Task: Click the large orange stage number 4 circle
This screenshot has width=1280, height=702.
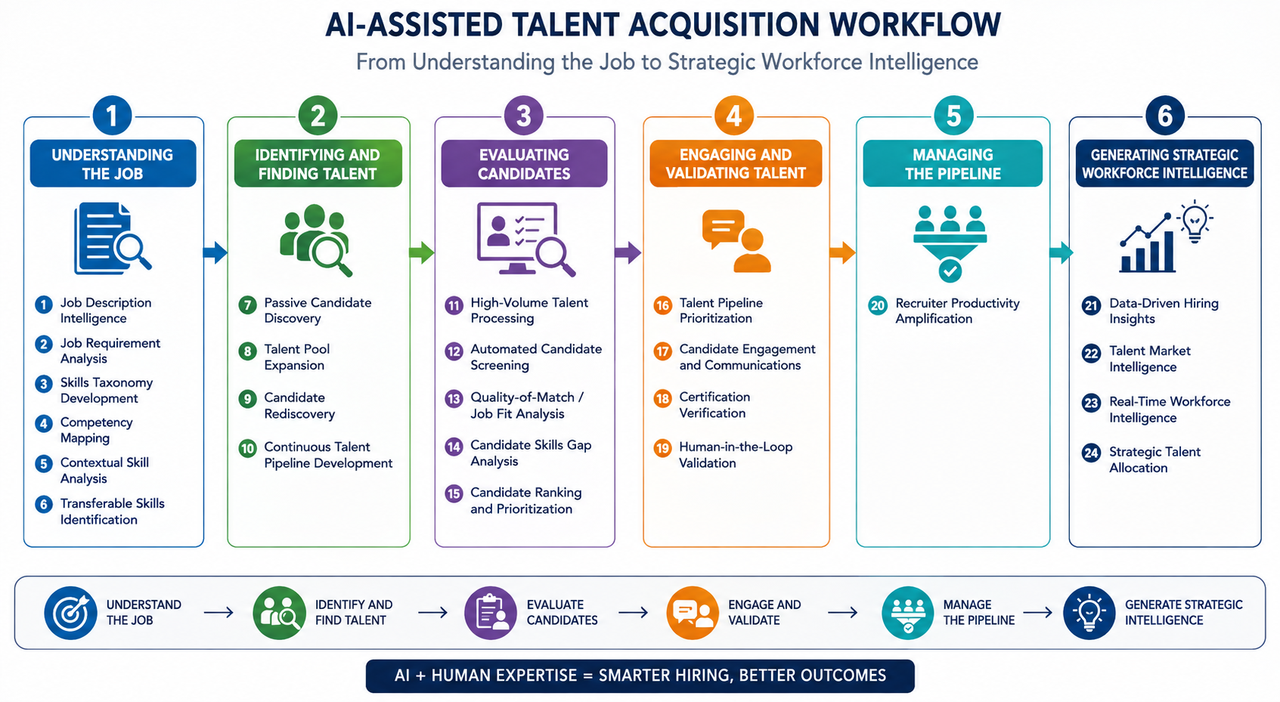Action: (733, 116)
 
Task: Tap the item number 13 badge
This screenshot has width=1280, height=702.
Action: (454, 399)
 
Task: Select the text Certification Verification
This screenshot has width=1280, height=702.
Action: (714, 405)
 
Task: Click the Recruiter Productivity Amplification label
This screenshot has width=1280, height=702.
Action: (957, 311)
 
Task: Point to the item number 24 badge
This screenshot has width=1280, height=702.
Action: (1091, 453)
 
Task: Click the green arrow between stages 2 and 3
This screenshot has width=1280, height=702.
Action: (422, 252)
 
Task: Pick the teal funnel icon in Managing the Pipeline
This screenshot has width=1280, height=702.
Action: (950, 243)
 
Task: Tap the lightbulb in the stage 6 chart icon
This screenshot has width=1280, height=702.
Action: (1195, 221)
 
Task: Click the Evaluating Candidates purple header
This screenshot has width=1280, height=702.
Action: (524, 163)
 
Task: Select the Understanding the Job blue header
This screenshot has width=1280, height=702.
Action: (113, 163)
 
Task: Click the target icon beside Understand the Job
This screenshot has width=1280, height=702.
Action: (70, 613)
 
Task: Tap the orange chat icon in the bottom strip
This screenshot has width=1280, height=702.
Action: (692, 613)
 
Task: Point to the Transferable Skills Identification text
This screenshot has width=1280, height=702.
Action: (112, 512)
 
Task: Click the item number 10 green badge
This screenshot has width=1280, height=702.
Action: (247, 448)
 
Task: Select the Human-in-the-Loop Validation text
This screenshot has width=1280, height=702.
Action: (736, 455)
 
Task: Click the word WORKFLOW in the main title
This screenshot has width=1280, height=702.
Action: (914, 25)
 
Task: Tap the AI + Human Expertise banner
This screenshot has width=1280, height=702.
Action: (640, 676)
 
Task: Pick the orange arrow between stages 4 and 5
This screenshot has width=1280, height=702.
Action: (842, 252)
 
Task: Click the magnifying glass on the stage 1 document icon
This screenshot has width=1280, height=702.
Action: (132, 249)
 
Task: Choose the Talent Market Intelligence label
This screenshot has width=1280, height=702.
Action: (1150, 359)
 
